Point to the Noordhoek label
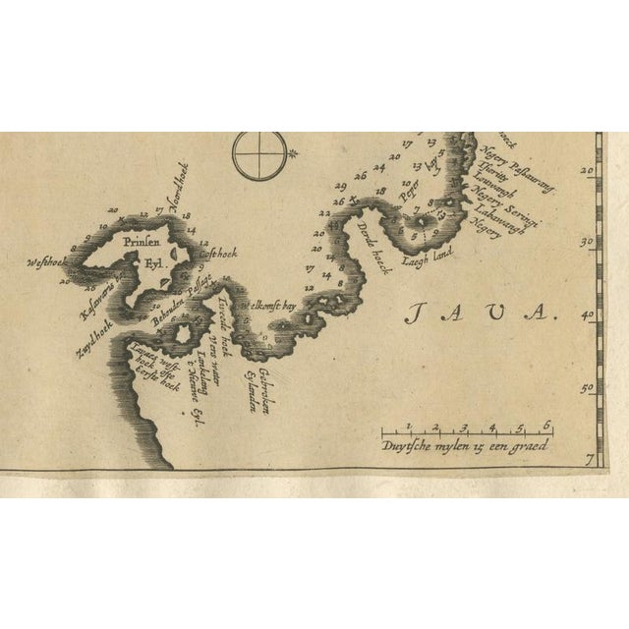[181, 184]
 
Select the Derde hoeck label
[374, 245]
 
